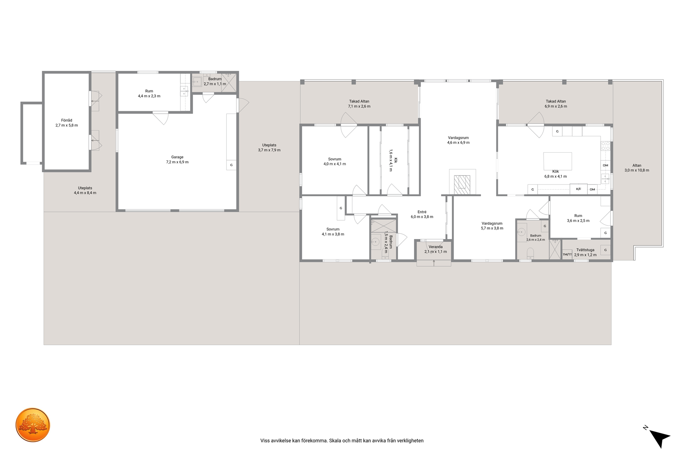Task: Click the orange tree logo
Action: (x=33, y=425)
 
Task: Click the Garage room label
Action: (x=177, y=157)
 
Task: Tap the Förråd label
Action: (x=67, y=121)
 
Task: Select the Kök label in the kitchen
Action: (x=555, y=171)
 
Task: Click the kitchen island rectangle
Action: (x=558, y=161)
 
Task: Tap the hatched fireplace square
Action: (x=462, y=185)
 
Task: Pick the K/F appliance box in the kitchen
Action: (x=578, y=189)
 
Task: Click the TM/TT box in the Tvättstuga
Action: (x=567, y=254)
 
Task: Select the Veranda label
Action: (x=436, y=247)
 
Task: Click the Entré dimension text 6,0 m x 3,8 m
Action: (x=422, y=217)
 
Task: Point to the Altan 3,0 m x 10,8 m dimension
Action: (x=637, y=171)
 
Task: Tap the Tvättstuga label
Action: (x=585, y=250)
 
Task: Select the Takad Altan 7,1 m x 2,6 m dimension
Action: (x=359, y=106)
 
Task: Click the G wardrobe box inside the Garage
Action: (x=231, y=165)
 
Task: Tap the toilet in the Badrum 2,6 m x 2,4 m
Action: (x=530, y=253)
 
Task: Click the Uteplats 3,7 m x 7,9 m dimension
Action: (x=269, y=150)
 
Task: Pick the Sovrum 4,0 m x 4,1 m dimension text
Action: (x=335, y=164)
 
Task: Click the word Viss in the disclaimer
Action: (x=265, y=441)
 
